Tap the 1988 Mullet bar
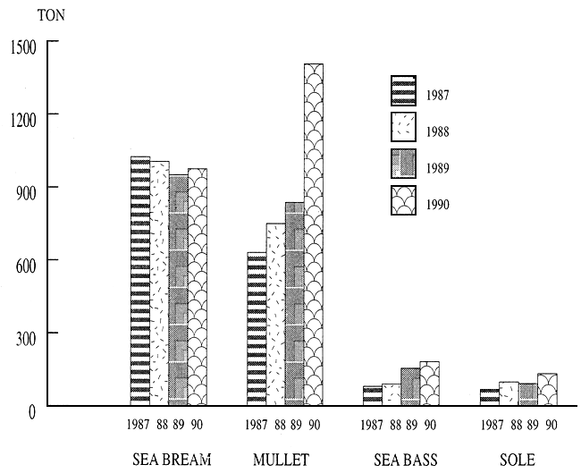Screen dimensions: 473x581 [x=275, y=314]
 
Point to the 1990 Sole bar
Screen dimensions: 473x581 [x=546, y=390]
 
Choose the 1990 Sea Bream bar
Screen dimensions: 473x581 [x=197, y=286]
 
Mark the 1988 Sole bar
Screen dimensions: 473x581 [x=509, y=393]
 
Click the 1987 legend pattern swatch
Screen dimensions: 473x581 [x=404, y=90]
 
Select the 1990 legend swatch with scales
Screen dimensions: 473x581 [x=404, y=201]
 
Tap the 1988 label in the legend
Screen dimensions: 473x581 [x=438, y=131]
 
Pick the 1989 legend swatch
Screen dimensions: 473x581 [x=404, y=165]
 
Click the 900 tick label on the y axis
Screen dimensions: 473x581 [x=23, y=188]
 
